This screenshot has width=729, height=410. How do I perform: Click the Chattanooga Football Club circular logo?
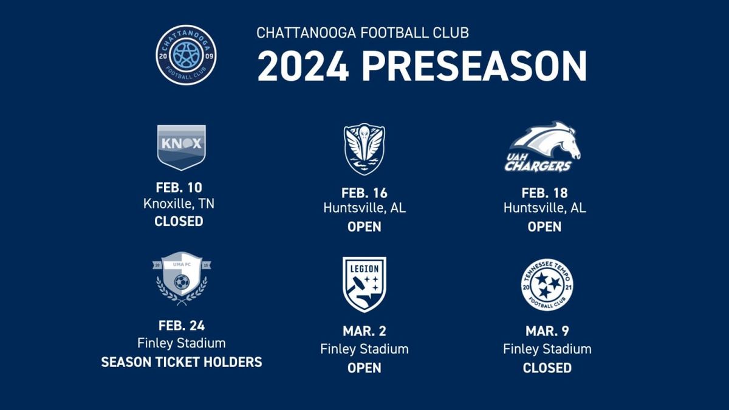pyautogui.click(x=186, y=55)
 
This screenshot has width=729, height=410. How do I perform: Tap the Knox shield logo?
pyautogui.click(x=181, y=148)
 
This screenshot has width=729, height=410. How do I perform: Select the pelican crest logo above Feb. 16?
pyautogui.click(x=364, y=149)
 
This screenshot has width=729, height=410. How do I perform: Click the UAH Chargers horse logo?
pyautogui.click(x=542, y=147)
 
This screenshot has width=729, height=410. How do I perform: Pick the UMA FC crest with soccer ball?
pyautogui.click(x=182, y=279)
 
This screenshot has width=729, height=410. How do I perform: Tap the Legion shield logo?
pyautogui.click(x=364, y=284)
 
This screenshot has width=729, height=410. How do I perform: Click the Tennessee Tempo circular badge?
pyautogui.click(x=547, y=285)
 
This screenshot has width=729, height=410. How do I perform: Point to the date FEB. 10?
pyautogui.click(x=179, y=188)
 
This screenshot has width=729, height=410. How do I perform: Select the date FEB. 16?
pyautogui.click(x=364, y=193)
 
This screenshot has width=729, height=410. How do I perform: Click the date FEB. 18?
pyautogui.click(x=544, y=193)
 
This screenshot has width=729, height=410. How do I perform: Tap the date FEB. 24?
pyautogui.click(x=182, y=326)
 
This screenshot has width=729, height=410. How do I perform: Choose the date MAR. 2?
pyautogui.click(x=364, y=331)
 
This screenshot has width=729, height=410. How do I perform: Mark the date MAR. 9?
pyautogui.click(x=547, y=331)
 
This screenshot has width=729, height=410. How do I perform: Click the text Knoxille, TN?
pyautogui.click(x=179, y=204)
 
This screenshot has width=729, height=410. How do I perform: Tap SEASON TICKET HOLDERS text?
pyautogui.click(x=182, y=362)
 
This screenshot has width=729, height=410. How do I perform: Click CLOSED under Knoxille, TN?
pyautogui.click(x=179, y=221)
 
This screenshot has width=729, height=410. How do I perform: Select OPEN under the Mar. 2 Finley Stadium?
pyautogui.click(x=364, y=368)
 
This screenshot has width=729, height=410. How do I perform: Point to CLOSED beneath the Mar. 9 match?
pyautogui.click(x=547, y=368)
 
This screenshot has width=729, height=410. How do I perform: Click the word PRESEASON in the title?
pyautogui.click(x=474, y=66)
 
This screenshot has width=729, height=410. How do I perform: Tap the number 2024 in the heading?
pyautogui.click(x=303, y=66)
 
